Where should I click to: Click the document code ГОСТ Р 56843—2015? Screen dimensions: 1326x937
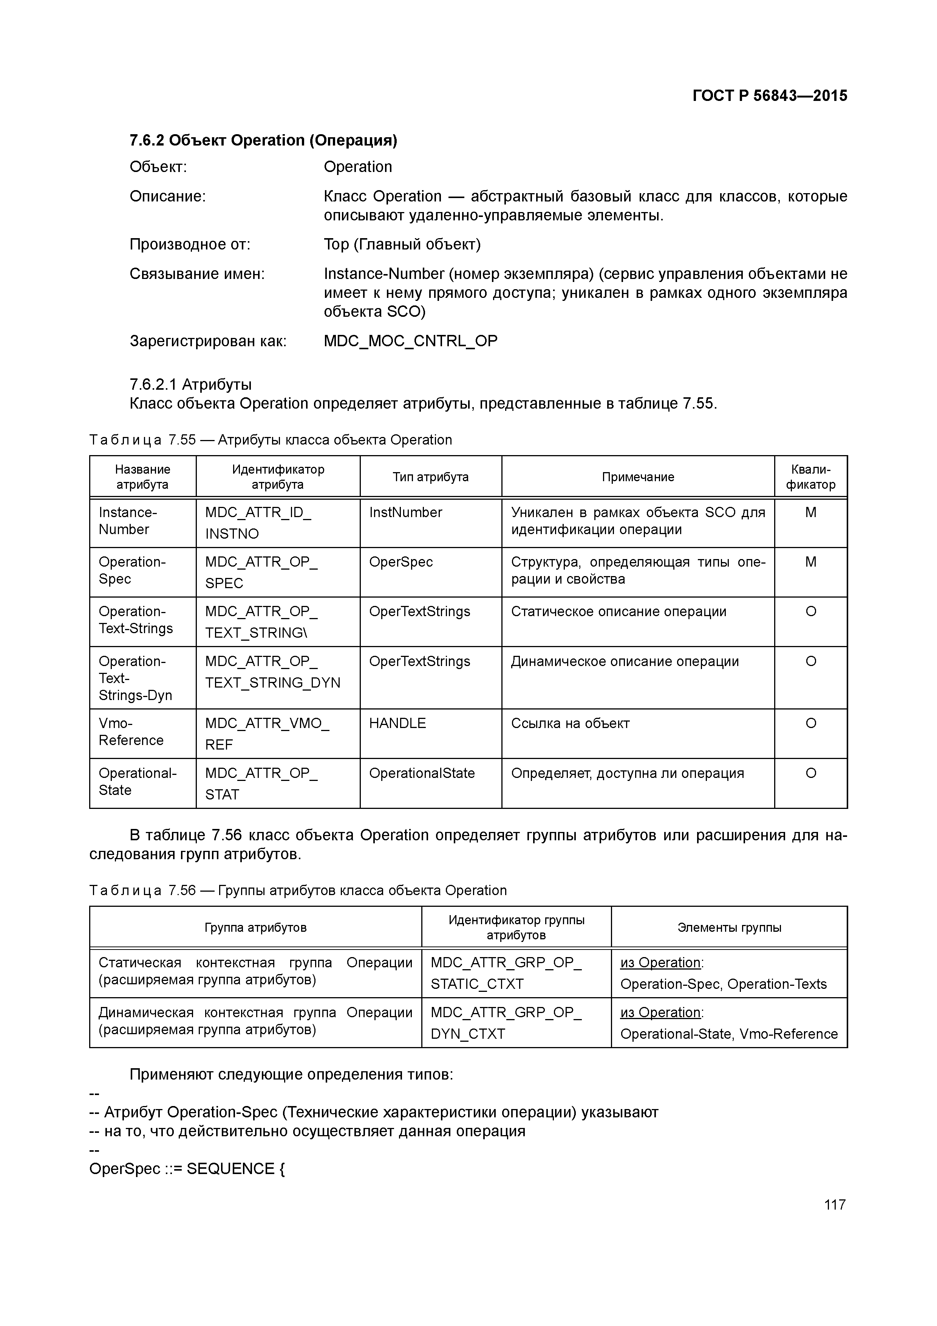click(770, 96)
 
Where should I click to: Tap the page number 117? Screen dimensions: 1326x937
click(834, 1204)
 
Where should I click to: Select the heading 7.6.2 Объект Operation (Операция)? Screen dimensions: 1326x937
click(263, 140)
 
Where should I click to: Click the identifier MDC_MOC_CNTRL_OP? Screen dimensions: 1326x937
click(410, 341)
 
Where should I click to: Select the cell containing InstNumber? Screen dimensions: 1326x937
click(405, 512)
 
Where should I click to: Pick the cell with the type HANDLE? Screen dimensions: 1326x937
click(397, 723)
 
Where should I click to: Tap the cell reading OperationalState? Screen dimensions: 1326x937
click(421, 773)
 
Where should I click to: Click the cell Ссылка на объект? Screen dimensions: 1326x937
click(570, 723)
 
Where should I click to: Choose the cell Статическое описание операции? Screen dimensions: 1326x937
click(618, 611)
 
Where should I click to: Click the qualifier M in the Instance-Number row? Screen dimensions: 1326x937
click(810, 512)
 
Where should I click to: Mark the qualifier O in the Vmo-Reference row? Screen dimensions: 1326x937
click(810, 723)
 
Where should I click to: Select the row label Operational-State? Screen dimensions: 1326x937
click(138, 781)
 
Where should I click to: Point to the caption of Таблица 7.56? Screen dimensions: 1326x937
click(298, 890)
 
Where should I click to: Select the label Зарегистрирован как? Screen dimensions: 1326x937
click(208, 341)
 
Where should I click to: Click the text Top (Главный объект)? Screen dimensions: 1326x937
click(402, 244)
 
